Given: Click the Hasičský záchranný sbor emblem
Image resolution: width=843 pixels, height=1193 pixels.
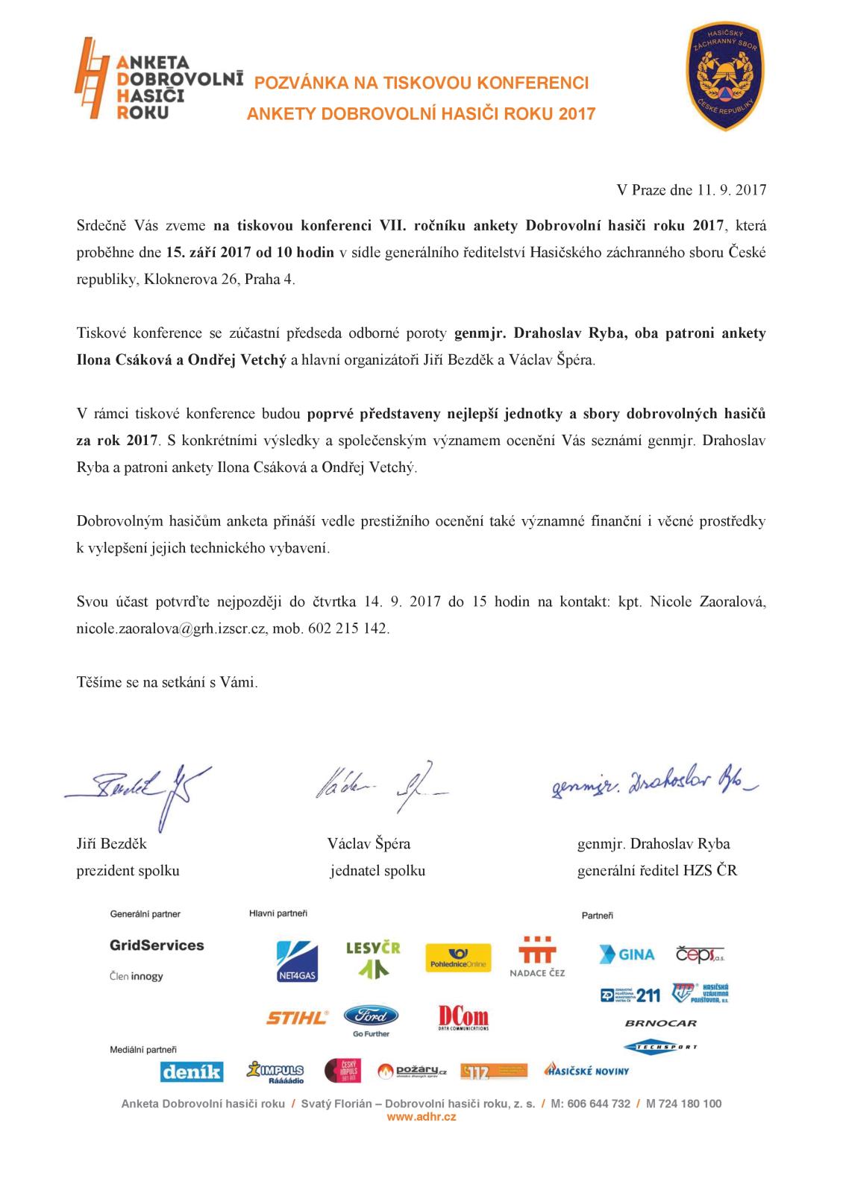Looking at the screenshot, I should (x=723, y=76).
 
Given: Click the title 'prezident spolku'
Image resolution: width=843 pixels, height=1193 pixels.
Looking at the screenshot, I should (x=128, y=870).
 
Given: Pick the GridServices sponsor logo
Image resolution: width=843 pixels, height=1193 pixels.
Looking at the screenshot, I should (x=157, y=945).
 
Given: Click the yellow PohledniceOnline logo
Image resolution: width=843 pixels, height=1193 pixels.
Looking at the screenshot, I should (x=457, y=958).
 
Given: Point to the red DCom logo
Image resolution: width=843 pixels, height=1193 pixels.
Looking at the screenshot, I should (x=463, y=1018).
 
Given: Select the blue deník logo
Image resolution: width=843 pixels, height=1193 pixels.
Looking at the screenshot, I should (x=191, y=1071).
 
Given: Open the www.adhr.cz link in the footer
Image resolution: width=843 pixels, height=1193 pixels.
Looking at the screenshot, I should (x=421, y=1116).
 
